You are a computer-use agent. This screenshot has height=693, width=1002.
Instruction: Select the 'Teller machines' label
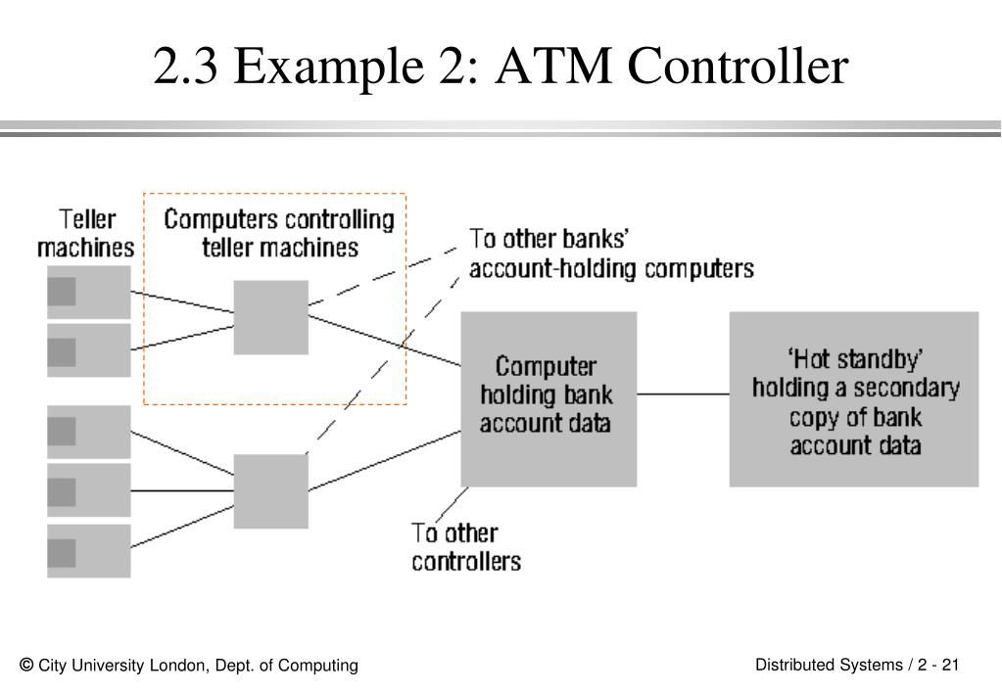pyautogui.click(x=86, y=232)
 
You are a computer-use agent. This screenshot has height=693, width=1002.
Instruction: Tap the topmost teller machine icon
pyautogui.click(x=88, y=292)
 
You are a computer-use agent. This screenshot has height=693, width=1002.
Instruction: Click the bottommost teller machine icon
pyautogui.click(x=88, y=551)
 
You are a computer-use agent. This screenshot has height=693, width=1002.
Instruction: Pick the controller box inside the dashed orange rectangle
pyautogui.click(x=270, y=317)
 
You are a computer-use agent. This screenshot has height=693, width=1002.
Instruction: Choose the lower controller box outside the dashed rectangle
pyautogui.click(x=270, y=491)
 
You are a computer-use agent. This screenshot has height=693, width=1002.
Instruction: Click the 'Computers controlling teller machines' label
pyautogui.click(x=279, y=233)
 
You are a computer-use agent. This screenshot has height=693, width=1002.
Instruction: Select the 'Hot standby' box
pyautogui.click(x=853, y=398)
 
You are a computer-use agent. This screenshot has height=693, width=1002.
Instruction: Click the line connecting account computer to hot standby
pyautogui.click(x=683, y=393)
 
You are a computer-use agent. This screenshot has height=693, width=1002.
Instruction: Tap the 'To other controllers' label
pyautogui.click(x=465, y=547)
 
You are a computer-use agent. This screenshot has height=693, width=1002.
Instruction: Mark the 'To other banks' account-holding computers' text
pyautogui.click(x=610, y=254)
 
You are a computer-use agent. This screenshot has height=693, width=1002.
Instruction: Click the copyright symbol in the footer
pyautogui.click(x=26, y=665)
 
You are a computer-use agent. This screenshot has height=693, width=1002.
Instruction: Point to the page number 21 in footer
pyautogui.click(x=949, y=666)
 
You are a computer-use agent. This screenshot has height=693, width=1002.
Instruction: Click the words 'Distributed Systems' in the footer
pyautogui.click(x=828, y=666)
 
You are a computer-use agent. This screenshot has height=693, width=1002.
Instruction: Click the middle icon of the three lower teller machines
pyautogui.click(x=88, y=490)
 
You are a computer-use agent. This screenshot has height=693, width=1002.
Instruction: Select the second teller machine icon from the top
pyautogui.click(x=88, y=350)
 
